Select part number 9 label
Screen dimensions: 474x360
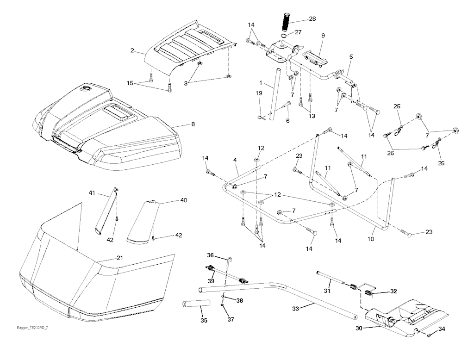tap(323, 36)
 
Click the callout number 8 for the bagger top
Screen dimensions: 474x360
tap(193, 124)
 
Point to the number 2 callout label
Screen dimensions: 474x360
tap(132, 50)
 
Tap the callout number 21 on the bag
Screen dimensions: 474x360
tap(120, 258)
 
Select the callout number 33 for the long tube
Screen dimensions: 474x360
tap(296, 309)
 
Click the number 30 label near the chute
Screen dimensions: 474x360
tap(359, 329)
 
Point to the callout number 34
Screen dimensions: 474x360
tap(442, 329)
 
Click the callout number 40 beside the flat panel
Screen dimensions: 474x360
tap(183, 200)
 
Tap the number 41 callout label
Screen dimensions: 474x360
tap(92, 193)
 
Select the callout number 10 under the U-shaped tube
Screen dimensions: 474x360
tap(371, 239)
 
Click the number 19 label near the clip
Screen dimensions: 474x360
tap(259, 93)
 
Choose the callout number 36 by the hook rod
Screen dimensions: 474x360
tap(210, 255)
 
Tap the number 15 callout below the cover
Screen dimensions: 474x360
tap(130, 83)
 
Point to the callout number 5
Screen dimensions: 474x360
tap(351, 56)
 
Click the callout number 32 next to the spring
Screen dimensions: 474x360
tap(393, 292)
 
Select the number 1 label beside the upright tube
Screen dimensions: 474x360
tap(260, 82)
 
